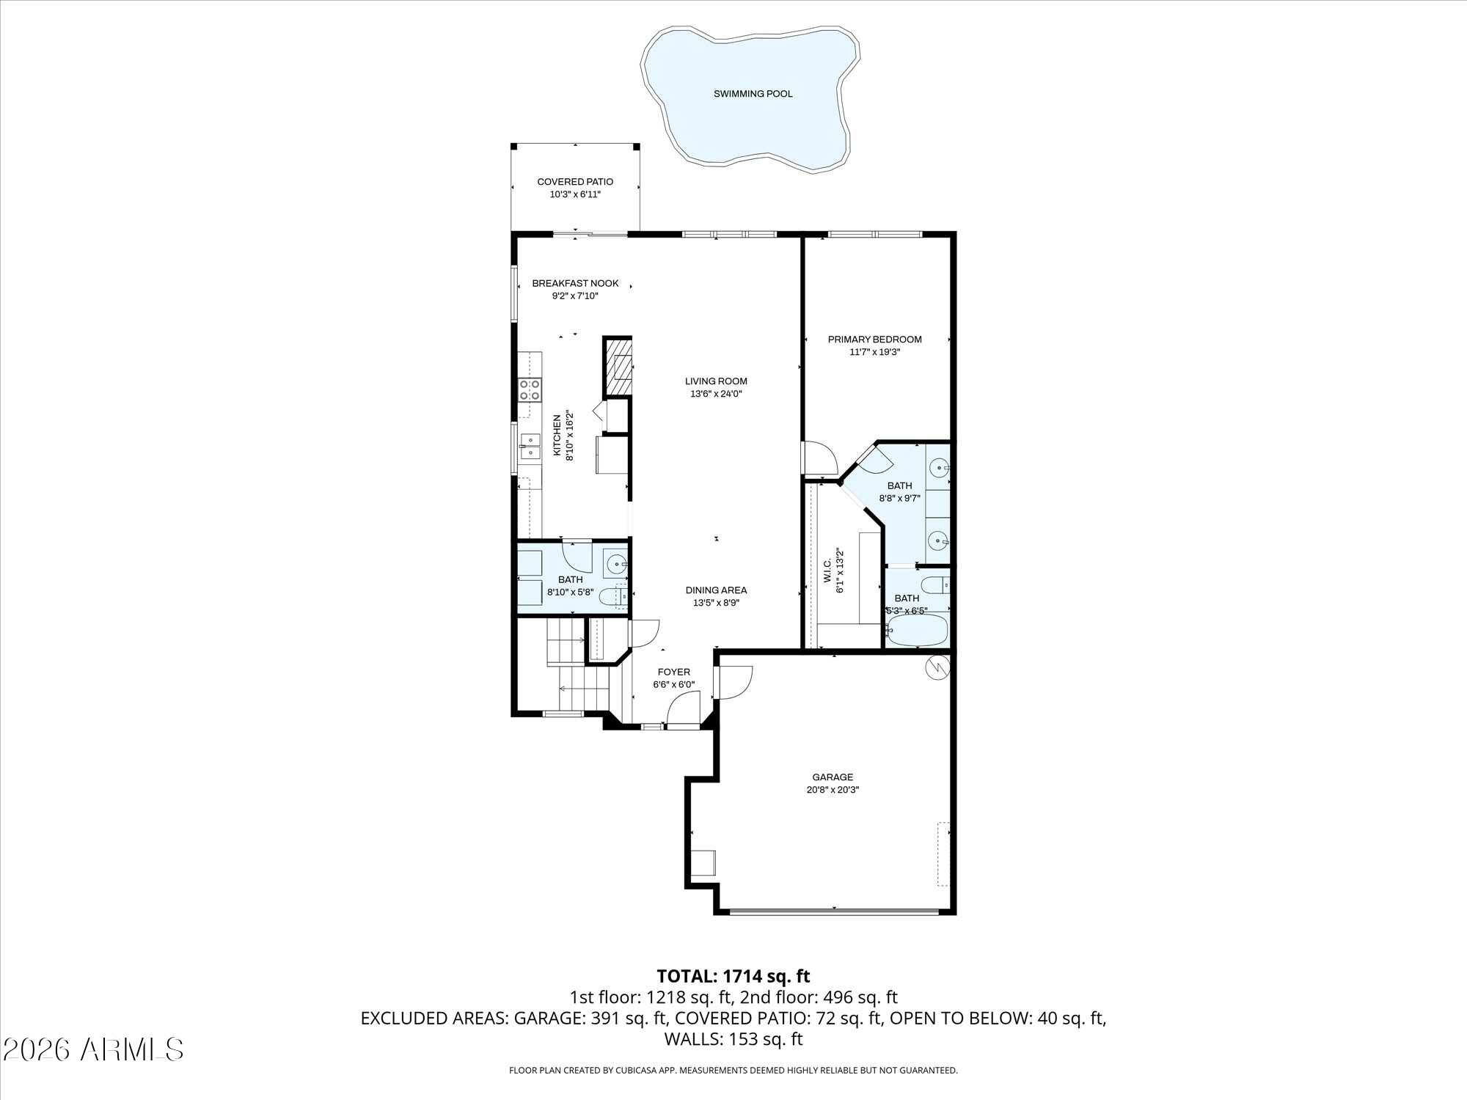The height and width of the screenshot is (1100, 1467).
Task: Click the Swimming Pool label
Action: (x=753, y=94)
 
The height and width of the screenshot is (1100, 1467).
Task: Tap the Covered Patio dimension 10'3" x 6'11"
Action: (x=575, y=194)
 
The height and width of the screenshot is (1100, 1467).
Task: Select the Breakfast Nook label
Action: (x=575, y=283)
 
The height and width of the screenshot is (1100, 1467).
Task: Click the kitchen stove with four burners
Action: (x=530, y=389)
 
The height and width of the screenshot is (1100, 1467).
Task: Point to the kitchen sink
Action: (x=530, y=446)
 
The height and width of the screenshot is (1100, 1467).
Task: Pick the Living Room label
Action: (x=716, y=381)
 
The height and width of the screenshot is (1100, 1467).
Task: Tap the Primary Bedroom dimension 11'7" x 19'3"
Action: (x=874, y=352)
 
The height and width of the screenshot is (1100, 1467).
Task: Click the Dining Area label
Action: (x=716, y=590)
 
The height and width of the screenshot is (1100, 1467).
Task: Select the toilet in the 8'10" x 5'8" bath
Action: (x=612, y=597)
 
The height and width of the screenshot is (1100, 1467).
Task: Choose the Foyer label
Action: (x=673, y=672)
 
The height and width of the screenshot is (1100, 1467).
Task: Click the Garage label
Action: (x=833, y=777)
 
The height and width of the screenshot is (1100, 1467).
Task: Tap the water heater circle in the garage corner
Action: (x=937, y=667)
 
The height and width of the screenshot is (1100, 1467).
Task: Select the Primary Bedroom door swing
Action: (x=821, y=458)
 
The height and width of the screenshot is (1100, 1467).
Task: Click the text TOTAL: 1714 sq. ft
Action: (x=733, y=976)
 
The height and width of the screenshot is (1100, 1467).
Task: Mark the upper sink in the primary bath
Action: (x=939, y=466)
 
